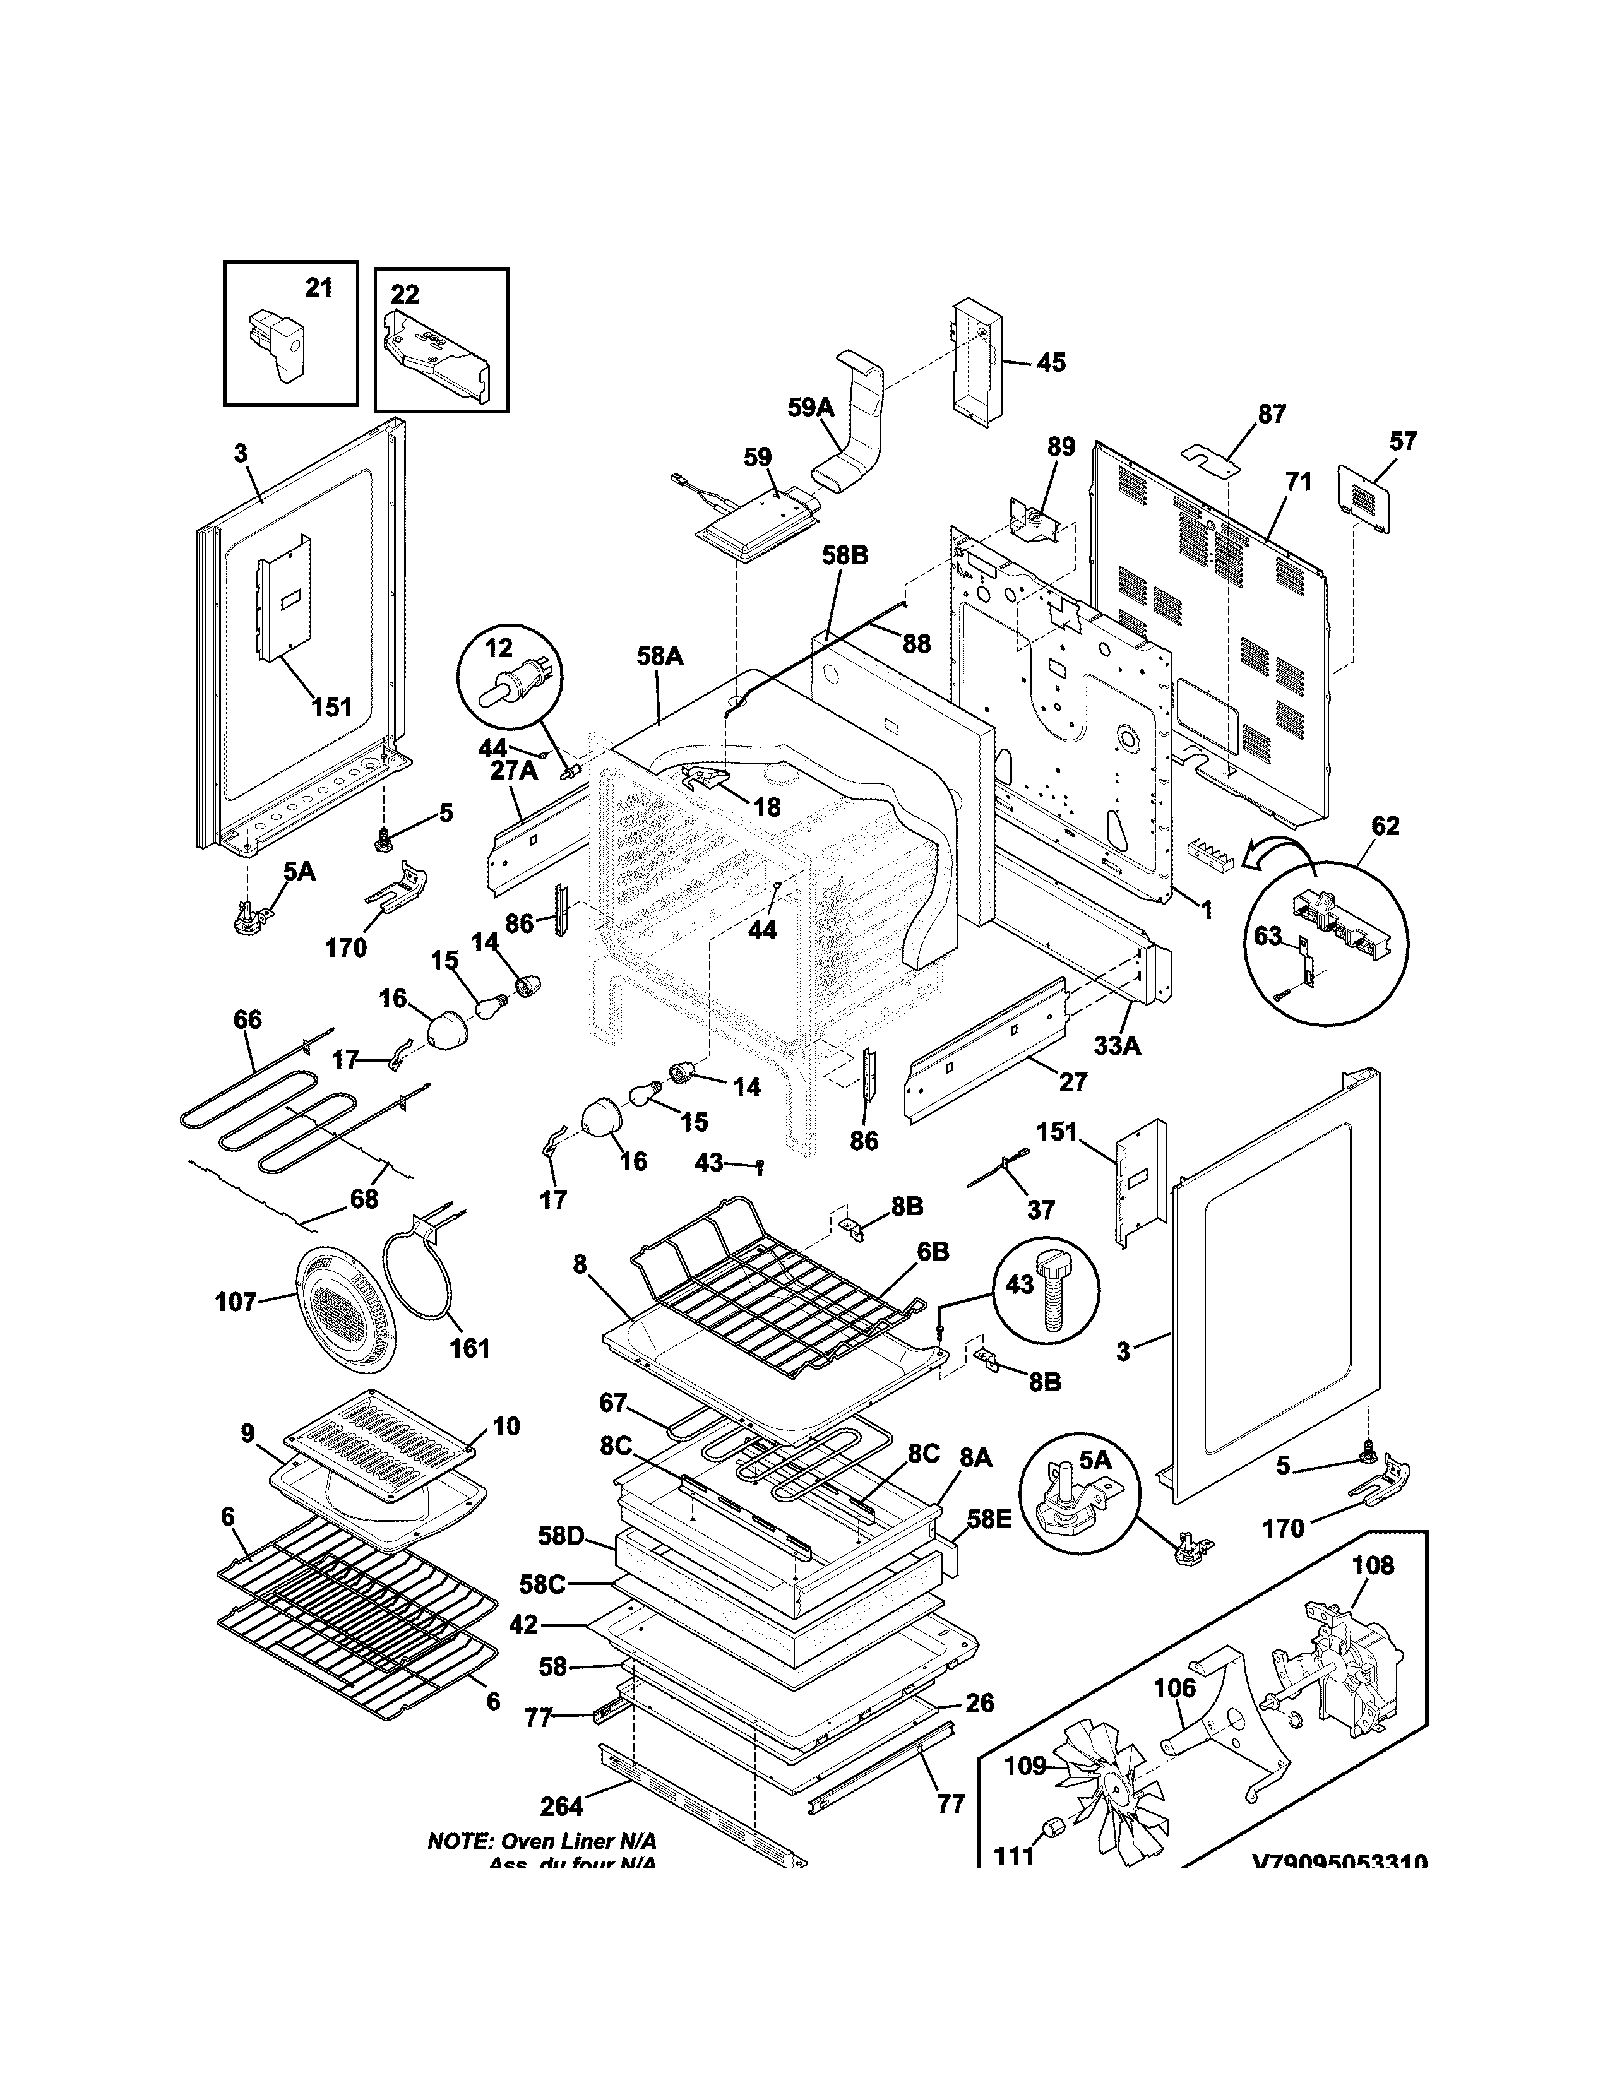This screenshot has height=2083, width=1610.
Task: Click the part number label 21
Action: coord(319,287)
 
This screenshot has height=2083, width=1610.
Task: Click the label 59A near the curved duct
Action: coord(811,408)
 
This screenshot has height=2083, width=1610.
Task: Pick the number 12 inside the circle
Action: coord(499,648)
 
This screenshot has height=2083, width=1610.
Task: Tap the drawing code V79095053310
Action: coord(1339,1861)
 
